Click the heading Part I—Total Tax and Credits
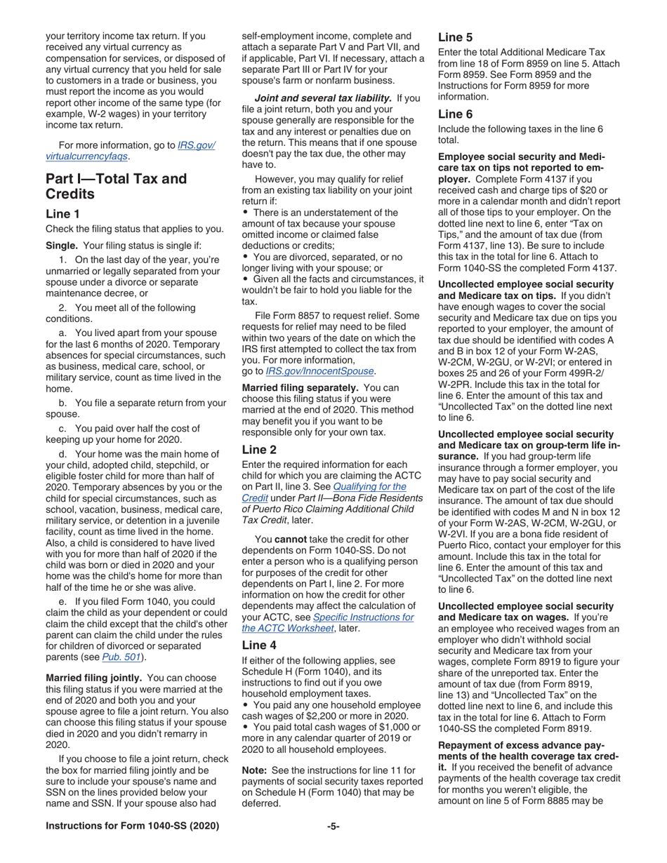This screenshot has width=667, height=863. pos(116,186)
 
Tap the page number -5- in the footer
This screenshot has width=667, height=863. pos(333,826)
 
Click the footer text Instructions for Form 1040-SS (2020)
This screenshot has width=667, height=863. pos(131,826)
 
